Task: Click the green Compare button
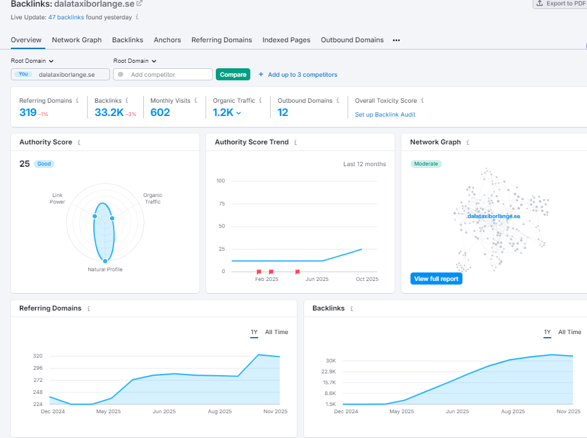click(233, 74)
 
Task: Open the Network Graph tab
click(77, 40)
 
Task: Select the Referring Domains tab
click(221, 40)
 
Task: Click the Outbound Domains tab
click(352, 40)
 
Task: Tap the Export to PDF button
click(559, 4)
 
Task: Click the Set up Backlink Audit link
click(385, 114)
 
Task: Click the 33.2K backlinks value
click(109, 112)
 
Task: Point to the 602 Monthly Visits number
click(160, 112)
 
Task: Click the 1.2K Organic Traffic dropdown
click(227, 112)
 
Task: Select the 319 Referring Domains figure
click(27, 112)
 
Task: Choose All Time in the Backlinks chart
click(569, 332)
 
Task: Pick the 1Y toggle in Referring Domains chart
click(254, 332)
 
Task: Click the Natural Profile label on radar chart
click(105, 269)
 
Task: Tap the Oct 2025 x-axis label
click(366, 279)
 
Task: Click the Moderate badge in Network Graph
click(426, 164)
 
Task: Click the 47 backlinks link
click(66, 18)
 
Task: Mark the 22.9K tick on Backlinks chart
click(328, 372)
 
